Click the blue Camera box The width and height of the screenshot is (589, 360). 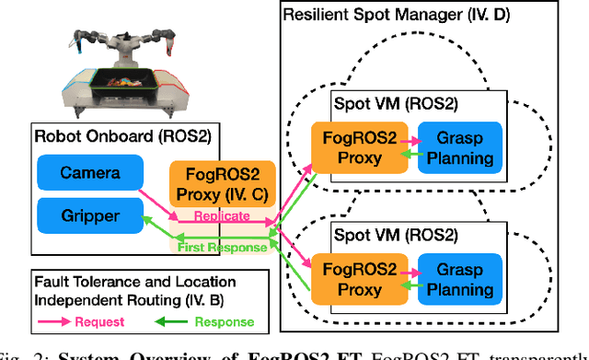point(90,173)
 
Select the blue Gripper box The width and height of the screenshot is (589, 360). point(90,215)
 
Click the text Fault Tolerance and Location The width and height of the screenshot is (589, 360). point(123,281)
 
